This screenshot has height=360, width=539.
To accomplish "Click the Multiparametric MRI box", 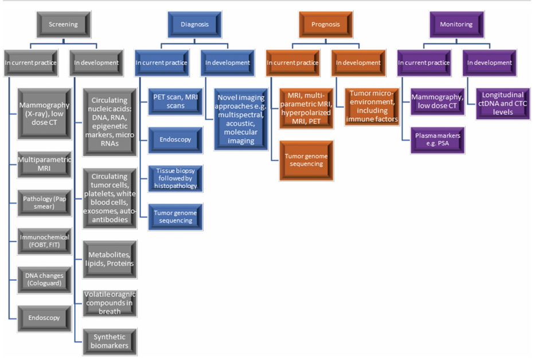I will coord(44,163).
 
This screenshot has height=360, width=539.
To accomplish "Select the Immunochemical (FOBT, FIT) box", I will coord(44,241).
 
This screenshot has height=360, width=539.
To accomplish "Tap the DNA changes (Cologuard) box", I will coord(44,279).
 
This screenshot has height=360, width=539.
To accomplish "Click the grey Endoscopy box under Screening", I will coord(44,317).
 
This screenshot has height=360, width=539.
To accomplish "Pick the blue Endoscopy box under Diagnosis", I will coord(174,139).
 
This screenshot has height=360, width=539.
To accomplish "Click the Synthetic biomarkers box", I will coord(110,341).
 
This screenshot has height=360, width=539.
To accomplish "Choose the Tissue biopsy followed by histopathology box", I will coord(175,178).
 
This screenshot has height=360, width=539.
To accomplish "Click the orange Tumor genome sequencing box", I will coord(306,159).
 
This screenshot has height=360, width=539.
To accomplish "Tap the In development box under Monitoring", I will coord(489,62).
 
